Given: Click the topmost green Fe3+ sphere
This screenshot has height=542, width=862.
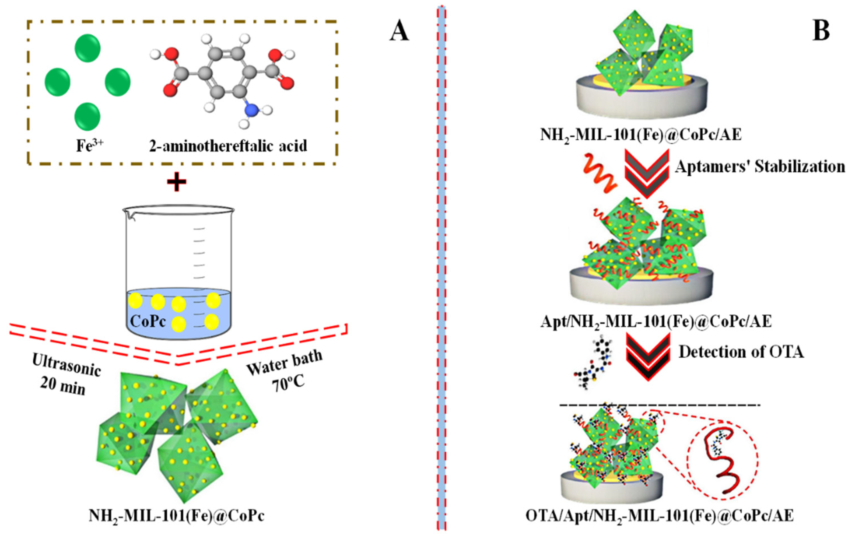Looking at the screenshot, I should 87,48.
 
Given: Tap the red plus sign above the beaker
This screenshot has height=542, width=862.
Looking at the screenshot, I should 176,181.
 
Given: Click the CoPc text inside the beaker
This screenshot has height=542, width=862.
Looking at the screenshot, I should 148,321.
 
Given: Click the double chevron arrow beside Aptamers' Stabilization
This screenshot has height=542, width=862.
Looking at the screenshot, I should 647,173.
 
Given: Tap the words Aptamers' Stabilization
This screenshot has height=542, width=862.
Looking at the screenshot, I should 760,166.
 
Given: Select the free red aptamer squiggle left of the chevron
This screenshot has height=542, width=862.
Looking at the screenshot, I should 600,173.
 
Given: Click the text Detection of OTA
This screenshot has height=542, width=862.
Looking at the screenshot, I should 741,352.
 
